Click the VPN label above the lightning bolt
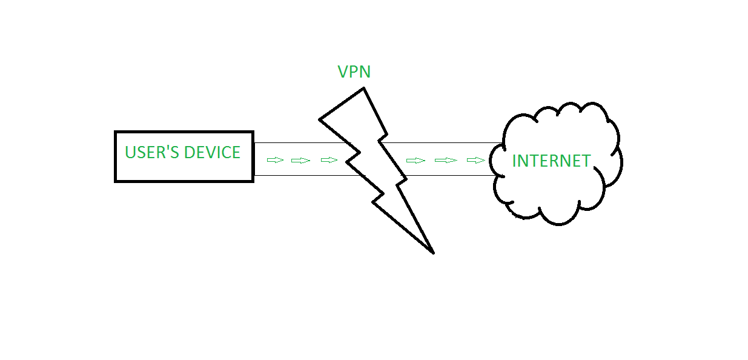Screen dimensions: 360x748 tap(354, 72)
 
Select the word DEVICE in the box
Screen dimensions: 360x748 tap(212, 152)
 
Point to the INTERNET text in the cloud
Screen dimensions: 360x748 tap(551, 161)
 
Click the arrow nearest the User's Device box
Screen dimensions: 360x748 tap(275, 160)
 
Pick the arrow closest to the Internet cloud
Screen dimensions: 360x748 tap(476, 160)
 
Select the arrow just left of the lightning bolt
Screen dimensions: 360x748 tap(329, 160)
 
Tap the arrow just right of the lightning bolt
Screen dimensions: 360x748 tap(415, 160)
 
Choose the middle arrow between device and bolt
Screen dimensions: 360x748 tap(300, 160)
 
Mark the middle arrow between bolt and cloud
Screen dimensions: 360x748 tap(446, 160)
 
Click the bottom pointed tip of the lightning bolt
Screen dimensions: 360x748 tap(433, 252)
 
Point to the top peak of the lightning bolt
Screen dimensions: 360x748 tap(363, 88)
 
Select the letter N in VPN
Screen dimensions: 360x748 tap(365, 72)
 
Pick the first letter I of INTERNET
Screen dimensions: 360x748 tap(515, 161)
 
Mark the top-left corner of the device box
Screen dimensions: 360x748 tap(116, 132)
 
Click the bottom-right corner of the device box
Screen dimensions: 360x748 tap(253, 181)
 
